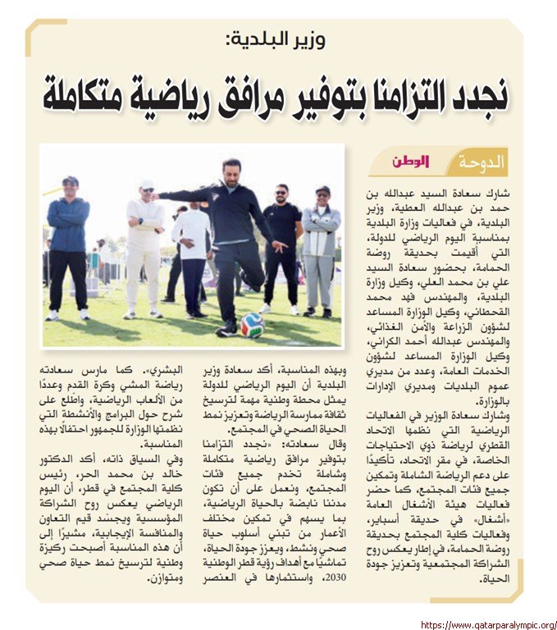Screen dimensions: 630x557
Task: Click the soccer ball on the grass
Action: click(x=252, y=325)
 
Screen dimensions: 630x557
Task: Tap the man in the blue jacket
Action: click(x=68, y=238)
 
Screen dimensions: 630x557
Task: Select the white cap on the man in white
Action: click(x=147, y=185)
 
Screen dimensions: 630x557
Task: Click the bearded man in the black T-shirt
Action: click(x=282, y=238)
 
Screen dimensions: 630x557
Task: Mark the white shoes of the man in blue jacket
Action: click(x=67, y=314)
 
